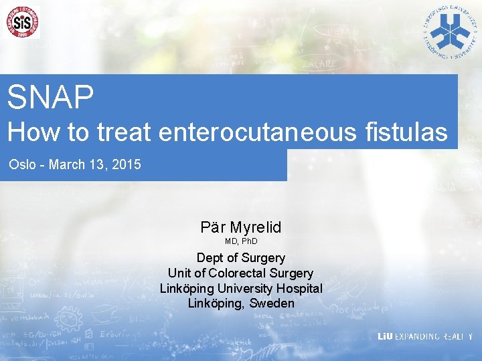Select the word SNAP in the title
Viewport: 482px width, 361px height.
point(51,97)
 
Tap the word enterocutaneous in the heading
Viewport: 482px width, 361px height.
point(258,132)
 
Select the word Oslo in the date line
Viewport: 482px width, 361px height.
point(22,164)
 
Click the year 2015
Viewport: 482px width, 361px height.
point(127,164)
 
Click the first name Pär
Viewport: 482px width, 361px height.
point(214,227)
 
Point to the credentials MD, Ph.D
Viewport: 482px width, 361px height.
point(241,241)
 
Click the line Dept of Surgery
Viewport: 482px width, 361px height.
point(241,257)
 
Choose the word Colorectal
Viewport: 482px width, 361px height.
point(237,273)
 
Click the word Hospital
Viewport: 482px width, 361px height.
point(299,288)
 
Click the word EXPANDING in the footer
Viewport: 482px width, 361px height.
point(417,337)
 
